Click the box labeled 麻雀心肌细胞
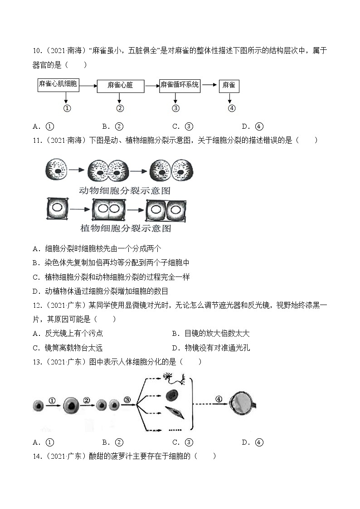pos(58,84)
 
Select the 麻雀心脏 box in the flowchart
pos(120,85)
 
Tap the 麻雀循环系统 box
pos(180,85)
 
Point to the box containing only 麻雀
pos(229,85)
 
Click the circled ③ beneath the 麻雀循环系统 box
pos(176,108)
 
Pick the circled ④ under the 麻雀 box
pos(232,108)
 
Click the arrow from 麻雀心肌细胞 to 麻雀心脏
pos(88,85)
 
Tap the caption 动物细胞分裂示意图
pos(125,191)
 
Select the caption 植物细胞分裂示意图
pos(126,228)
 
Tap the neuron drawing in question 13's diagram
pos(176,378)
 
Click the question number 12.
pos(37,305)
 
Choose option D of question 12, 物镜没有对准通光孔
pos(211,348)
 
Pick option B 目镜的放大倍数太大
pos(211,334)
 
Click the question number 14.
pos(37,456)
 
